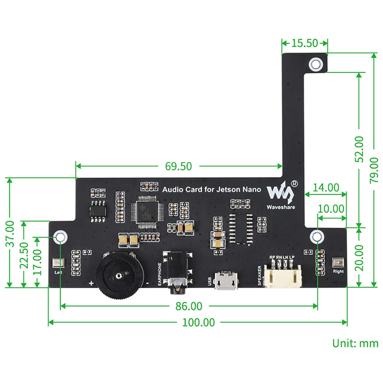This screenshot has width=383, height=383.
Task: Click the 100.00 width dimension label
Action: coord(198,322)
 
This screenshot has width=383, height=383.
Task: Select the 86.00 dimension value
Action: coord(189,306)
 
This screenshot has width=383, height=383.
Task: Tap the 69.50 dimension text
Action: coord(178,166)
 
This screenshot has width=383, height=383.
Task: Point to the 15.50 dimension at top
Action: coord(304,43)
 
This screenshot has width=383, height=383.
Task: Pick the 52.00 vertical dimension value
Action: coord(359,149)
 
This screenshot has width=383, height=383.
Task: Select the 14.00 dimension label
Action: coord(326,188)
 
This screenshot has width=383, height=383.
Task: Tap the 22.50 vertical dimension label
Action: coord(24,255)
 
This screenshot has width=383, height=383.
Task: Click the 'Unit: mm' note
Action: coord(355,343)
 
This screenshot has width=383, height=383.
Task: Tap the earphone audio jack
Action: coord(177,272)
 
